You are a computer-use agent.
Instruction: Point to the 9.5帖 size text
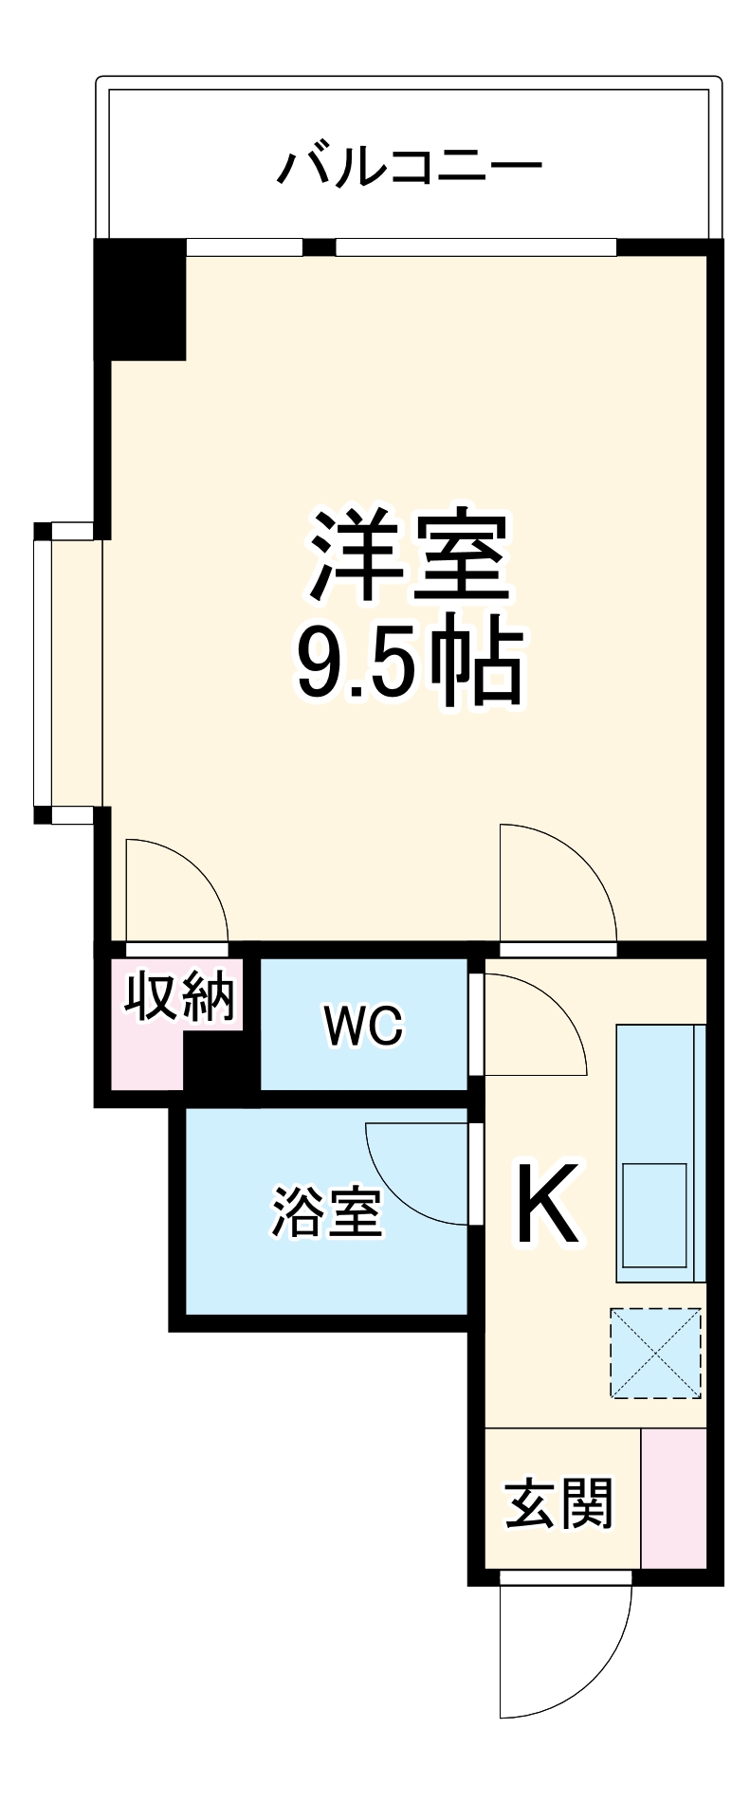tap(409, 663)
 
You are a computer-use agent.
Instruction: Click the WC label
tap(363, 1026)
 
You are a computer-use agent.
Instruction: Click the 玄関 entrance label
tap(558, 1504)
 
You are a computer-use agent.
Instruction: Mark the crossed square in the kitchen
tap(655, 1354)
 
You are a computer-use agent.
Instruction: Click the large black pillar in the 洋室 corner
tap(140, 299)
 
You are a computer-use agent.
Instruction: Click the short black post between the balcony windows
tap(319, 247)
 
